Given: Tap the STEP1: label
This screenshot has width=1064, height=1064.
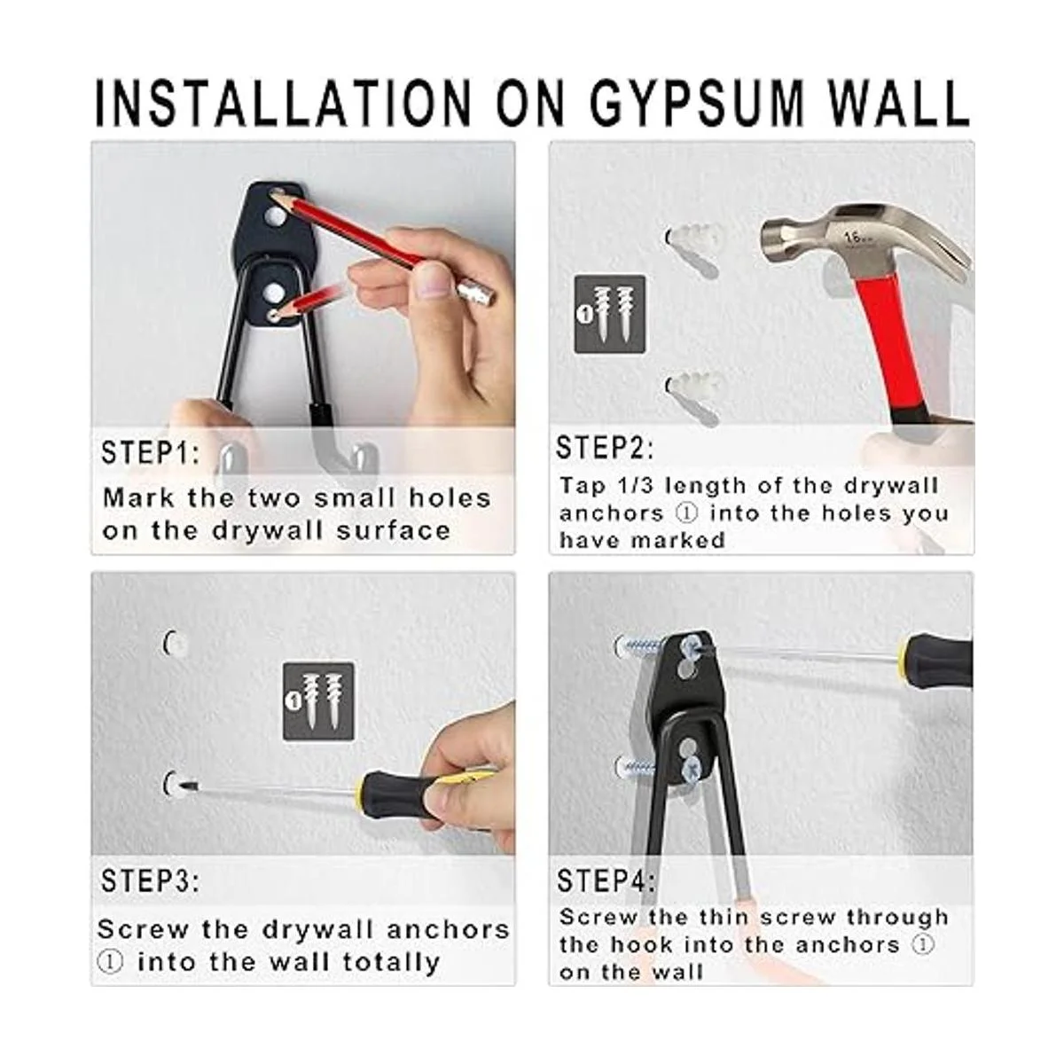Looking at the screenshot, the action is (151, 452).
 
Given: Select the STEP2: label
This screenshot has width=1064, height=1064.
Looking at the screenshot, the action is (605, 447).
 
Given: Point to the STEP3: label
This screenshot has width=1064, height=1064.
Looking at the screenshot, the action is (150, 880).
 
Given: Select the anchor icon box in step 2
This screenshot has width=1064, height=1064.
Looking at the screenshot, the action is (610, 314).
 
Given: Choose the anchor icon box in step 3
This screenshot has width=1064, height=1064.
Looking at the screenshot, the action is (318, 701).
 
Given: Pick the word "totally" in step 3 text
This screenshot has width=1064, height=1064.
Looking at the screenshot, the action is (391, 962).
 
